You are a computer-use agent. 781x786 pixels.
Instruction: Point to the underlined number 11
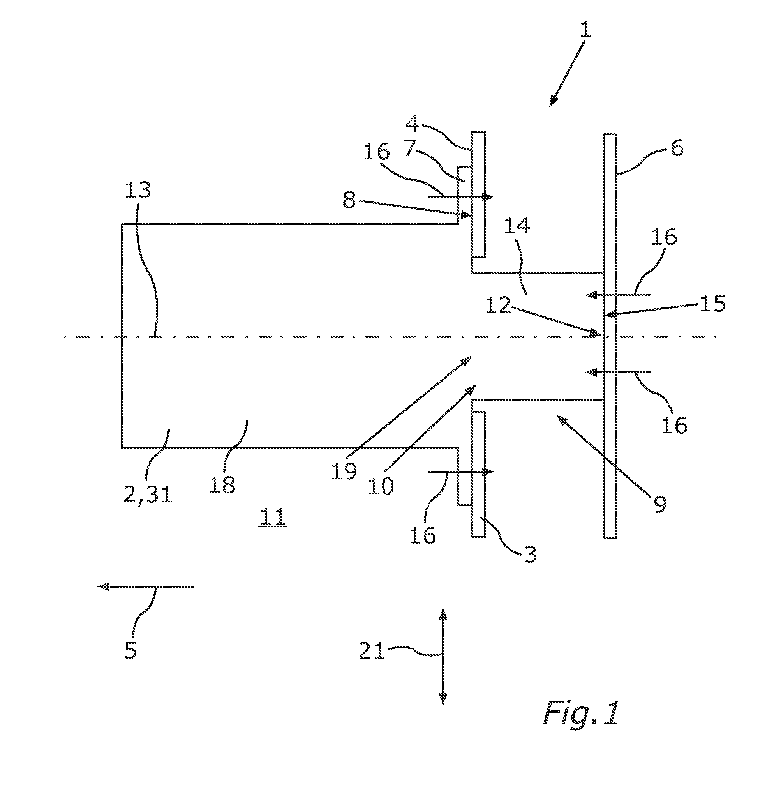click(272, 517)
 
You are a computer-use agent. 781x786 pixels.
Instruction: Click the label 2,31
click(148, 494)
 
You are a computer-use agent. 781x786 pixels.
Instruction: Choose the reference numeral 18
click(223, 484)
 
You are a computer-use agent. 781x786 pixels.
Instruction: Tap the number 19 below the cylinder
click(344, 471)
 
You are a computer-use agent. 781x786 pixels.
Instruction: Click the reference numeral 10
click(381, 485)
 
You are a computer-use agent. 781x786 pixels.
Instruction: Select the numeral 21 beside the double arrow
click(372, 651)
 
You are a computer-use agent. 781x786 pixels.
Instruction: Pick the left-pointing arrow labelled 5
click(146, 586)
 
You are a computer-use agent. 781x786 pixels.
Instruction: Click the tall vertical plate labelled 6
click(610, 336)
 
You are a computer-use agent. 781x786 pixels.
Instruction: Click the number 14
click(517, 225)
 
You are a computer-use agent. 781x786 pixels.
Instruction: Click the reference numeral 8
click(349, 200)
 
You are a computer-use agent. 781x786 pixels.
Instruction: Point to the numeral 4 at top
click(413, 123)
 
